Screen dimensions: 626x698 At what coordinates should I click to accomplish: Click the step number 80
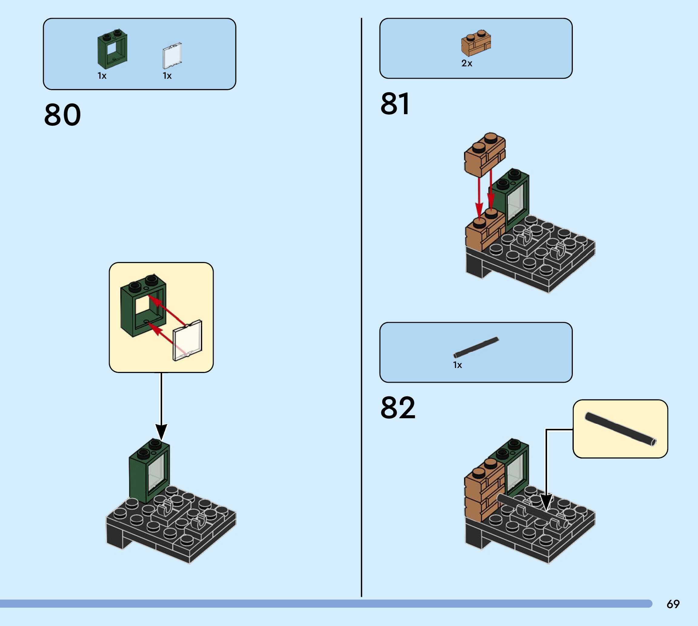coord(62,114)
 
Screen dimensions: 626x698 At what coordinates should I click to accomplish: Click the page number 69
coord(673,604)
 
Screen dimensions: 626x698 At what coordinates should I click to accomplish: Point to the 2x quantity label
coord(467,63)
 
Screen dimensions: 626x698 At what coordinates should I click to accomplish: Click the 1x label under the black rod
coord(457,365)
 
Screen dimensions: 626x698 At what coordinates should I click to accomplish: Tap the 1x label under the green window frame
coord(102,76)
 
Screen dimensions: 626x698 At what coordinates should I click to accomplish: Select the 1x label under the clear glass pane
coord(167,76)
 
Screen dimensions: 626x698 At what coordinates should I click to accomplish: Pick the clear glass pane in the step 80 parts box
coord(172,56)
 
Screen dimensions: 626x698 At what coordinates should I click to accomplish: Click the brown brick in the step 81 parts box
coord(476,43)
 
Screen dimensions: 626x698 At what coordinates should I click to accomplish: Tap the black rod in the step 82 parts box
coord(476,347)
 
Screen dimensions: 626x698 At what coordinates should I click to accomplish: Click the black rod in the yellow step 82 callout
coord(620,429)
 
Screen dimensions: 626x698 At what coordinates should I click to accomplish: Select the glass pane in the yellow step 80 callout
coord(188,340)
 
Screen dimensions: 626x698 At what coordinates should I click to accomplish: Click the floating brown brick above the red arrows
coord(485,155)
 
